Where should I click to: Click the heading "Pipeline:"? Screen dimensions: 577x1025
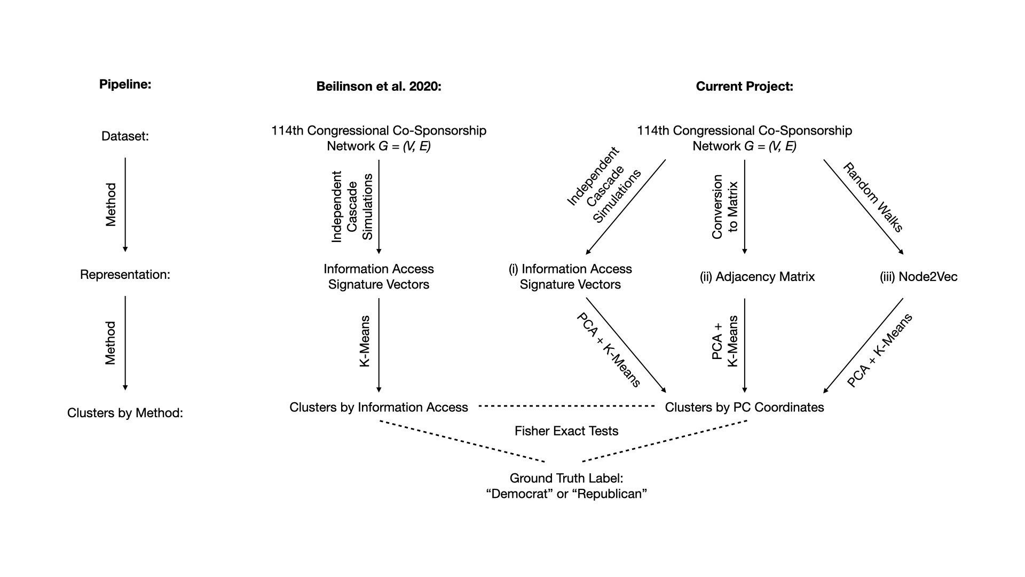tap(125, 84)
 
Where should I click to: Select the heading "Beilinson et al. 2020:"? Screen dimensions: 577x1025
tap(379, 87)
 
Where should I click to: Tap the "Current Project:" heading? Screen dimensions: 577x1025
tap(744, 87)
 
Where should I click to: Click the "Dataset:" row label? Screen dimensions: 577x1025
tap(125, 136)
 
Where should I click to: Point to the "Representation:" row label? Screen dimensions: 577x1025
tap(125, 275)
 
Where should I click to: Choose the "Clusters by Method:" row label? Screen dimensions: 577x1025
tap(125, 413)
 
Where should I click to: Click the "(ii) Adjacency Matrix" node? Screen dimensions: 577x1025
tap(757, 277)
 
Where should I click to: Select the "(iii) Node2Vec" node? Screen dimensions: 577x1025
tap(918, 277)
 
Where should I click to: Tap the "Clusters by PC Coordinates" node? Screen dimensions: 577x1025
tap(744, 407)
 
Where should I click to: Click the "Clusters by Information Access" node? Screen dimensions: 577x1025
tap(379, 407)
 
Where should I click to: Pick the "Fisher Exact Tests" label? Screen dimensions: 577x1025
tap(566, 431)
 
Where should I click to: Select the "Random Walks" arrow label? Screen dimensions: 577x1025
tap(873, 198)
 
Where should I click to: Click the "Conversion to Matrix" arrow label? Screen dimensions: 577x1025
tap(725, 206)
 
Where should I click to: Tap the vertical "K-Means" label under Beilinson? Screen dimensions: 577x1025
tap(365, 341)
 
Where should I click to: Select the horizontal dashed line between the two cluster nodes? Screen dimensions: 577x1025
tap(566, 407)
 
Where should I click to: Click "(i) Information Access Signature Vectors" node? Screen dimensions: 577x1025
tap(570, 277)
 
